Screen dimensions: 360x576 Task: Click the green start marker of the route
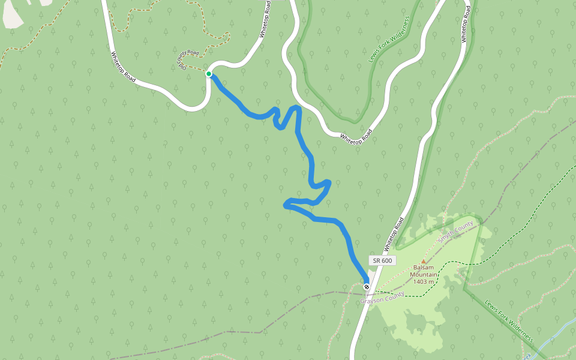[209, 74]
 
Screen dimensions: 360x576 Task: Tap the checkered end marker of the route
[367, 287]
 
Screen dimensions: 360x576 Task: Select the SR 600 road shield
[382, 260]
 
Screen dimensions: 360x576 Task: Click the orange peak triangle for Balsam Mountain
[424, 261]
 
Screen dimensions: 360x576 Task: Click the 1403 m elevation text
[424, 281]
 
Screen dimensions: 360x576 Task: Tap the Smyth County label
[455, 231]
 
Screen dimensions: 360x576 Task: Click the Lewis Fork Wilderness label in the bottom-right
[509, 321]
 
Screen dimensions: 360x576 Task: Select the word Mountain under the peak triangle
[424, 275]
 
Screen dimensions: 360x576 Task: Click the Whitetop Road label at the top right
[465, 24]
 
